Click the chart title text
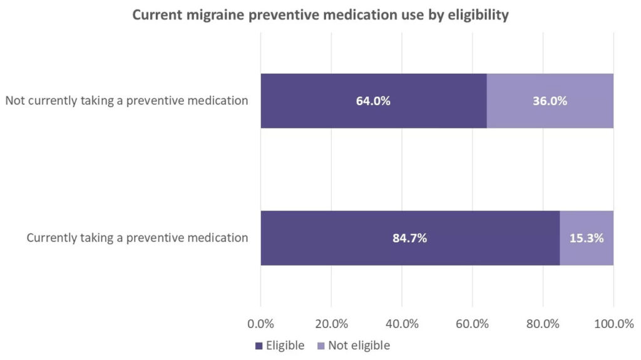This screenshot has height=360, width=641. (x=320, y=16)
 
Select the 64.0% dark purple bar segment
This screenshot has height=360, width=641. (x=326, y=101)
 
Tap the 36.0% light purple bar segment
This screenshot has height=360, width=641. (x=550, y=101)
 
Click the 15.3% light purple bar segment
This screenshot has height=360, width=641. (x=587, y=238)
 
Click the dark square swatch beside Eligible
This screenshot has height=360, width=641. (x=259, y=346)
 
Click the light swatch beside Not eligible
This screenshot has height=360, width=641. (x=321, y=346)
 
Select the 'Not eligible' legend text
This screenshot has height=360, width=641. (x=359, y=346)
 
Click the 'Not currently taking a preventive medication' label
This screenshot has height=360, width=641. (x=127, y=101)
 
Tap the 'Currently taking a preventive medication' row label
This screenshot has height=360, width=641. (x=138, y=238)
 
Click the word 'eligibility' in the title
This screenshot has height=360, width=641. (x=478, y=16)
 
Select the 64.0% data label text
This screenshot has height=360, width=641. (x=373, y=101)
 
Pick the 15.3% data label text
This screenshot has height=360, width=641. (x=587, y=238)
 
